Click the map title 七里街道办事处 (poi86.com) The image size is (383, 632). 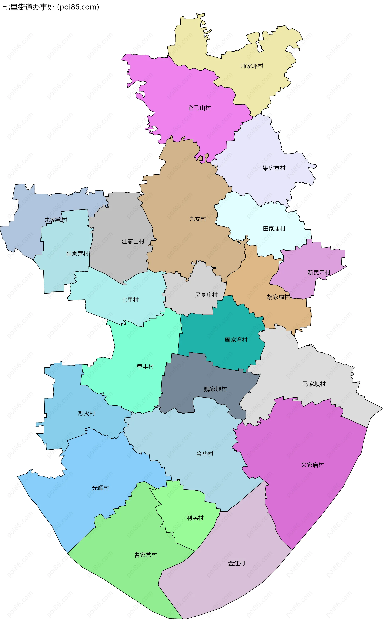pos(51,7)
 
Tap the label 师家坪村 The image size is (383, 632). pos(252,66)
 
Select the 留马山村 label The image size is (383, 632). pos(199,108)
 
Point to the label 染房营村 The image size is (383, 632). pos(274,168)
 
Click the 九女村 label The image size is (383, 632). pos(197,219)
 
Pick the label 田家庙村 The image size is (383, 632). pos(274,229)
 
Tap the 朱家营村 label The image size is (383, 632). pos(56,220)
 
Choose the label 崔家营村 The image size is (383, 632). pos(77,254)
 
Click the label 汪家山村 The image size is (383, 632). pos(133,241)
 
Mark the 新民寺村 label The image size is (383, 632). pos(319,272)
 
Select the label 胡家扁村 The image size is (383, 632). pos(278,297)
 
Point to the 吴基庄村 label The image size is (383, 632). pos(206,295)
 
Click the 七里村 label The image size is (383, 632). pos(130,300)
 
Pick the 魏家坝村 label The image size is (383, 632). pos(215,389)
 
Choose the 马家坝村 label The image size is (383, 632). pos(314,384)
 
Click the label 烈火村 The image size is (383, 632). pos(87,413)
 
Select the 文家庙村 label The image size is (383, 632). pos(312,465)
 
